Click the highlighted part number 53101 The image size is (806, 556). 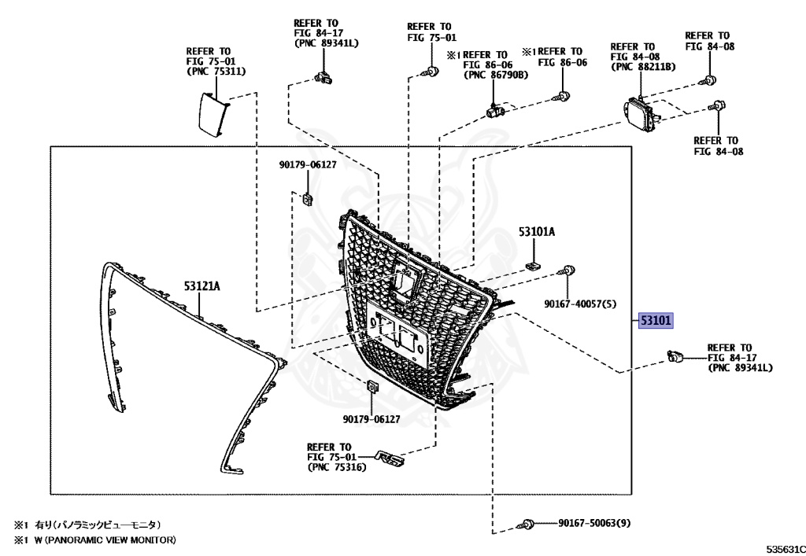pos(655,321)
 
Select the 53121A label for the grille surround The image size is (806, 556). pos(202,287)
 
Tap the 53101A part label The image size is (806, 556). pos(537,232)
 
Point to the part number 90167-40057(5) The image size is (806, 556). pos(579,302)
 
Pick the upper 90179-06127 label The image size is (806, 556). pos(307,165)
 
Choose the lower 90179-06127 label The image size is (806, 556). pos(371,420)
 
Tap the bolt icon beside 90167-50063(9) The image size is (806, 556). pos(529,524)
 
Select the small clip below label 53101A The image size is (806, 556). pos(533,263)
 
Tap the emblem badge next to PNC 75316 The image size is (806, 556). pos(389,457)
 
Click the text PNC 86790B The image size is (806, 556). pos(496,75)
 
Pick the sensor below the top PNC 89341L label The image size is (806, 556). pos(321,76)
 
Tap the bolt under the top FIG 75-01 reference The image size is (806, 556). pos(431,72)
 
